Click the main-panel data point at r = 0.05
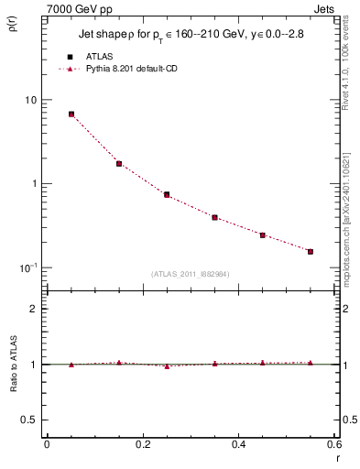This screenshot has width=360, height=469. [x=71, y=115]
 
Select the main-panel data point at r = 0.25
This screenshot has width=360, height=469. [x=167, y=194]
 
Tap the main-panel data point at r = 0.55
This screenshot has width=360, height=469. [x=311, y=251]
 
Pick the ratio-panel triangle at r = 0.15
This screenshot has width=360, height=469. [x=119, y=363]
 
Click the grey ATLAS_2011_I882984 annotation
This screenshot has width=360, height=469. [x=190, y=275]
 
